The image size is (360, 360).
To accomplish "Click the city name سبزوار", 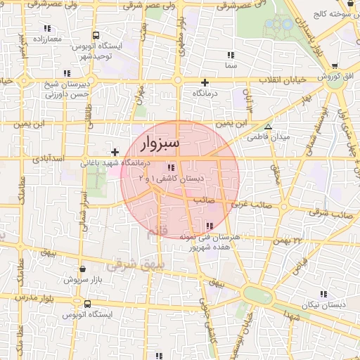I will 160,143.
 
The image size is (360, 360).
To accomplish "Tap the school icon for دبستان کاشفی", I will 170,167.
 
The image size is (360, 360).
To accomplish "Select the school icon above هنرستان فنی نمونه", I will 210,226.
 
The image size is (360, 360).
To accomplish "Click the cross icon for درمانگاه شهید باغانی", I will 115,152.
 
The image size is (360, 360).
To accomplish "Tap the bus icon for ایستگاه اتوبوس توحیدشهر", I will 96,36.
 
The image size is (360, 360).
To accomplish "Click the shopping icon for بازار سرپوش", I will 84,269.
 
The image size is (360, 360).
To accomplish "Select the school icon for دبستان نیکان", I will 324,295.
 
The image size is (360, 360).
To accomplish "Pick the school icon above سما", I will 230,54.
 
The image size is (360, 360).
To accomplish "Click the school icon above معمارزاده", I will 46,30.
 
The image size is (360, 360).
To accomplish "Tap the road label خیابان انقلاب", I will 285,79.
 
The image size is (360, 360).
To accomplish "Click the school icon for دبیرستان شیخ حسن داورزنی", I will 67,72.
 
